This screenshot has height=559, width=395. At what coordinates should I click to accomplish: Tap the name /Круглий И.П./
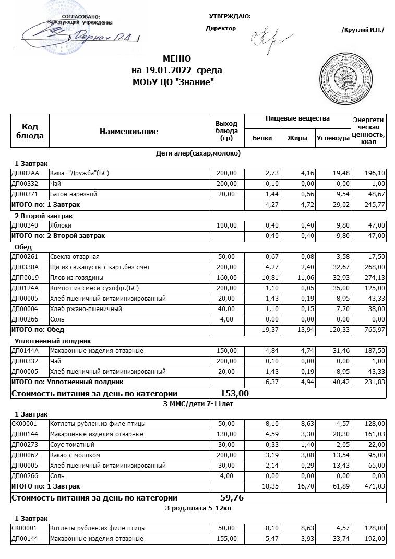pos(362,30)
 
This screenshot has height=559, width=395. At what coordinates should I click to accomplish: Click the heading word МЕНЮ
pos(177,58)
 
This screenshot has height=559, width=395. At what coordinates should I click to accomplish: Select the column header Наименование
pos(129,132)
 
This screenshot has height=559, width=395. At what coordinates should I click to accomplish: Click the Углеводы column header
pos(332,138)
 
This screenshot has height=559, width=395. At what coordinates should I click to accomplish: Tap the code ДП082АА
pos(26,173)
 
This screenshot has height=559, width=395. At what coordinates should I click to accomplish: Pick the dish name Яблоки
pos(61,225)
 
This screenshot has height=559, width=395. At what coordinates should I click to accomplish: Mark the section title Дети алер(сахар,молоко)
pos(198,153)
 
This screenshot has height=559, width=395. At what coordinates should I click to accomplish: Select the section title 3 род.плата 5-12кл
pos(198,508)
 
